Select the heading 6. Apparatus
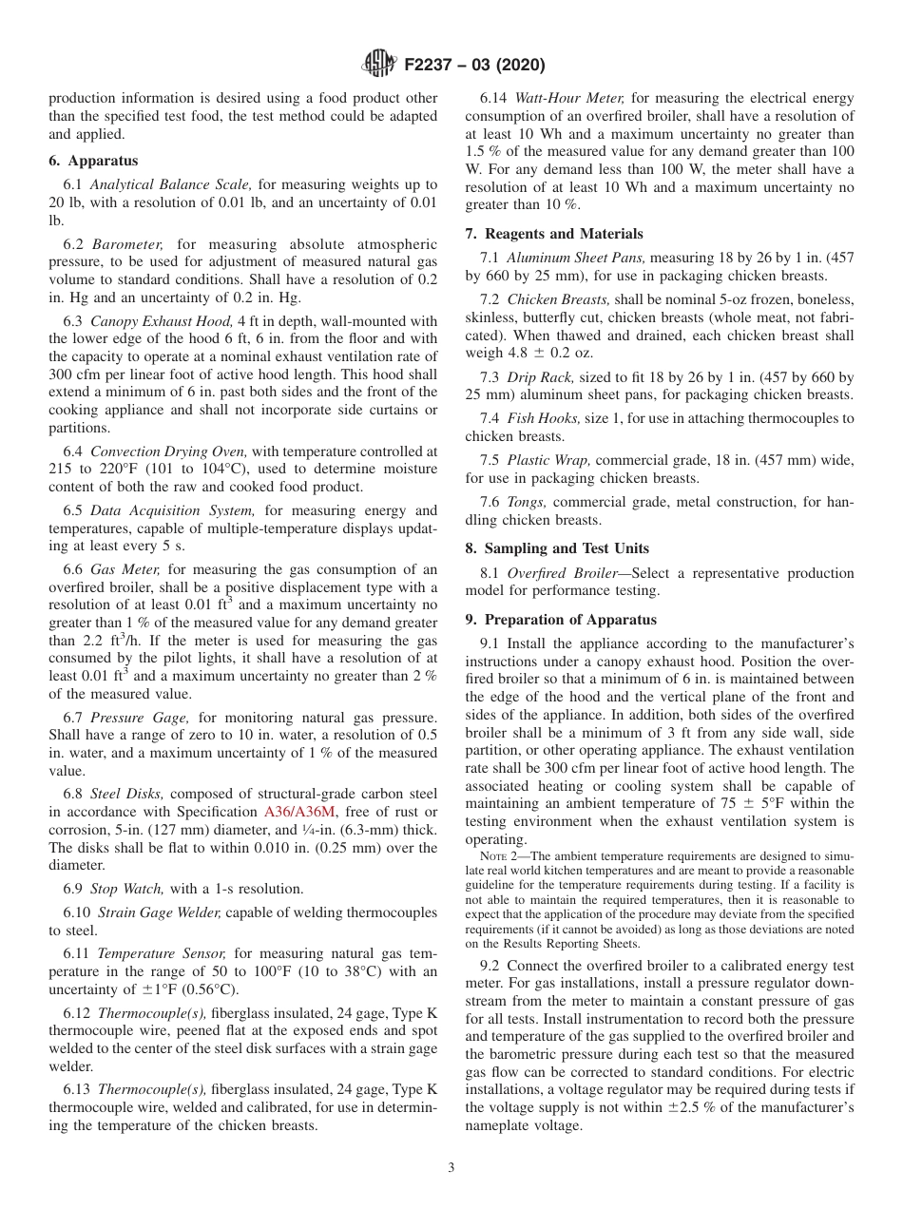[x=93, y=161]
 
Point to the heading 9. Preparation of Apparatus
[x=561, y=620]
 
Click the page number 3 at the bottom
[x=451, y=1167]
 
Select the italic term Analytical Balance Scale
[x=170, y=185]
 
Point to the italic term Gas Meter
[x=125, y=569]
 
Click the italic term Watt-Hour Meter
[x=568, y=98]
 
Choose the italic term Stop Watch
[x=126, y=889]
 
